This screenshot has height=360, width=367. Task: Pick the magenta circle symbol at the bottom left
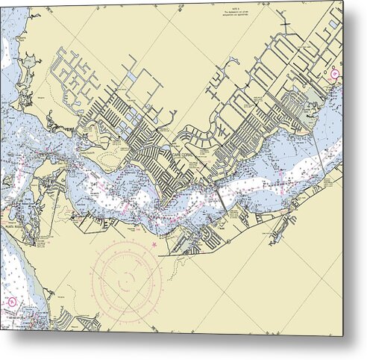pos(11,302)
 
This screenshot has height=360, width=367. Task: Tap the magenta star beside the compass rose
pos(154,244)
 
